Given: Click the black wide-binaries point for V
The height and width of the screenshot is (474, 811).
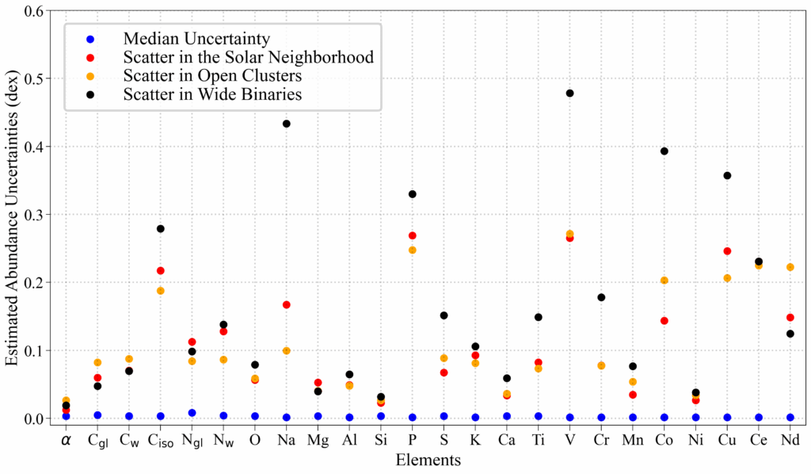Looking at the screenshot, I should [569, 94].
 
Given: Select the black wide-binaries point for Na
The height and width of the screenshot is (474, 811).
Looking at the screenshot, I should [286, 124].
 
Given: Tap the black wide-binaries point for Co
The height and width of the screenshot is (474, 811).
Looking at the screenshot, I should [664, 151].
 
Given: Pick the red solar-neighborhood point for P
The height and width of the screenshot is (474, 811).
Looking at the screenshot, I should [412, 235].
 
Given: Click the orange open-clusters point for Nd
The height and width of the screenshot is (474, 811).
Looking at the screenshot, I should [790, 267].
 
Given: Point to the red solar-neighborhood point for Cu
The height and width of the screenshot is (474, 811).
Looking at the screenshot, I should [727, 251].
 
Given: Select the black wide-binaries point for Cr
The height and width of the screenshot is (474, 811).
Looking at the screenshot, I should [601, 297].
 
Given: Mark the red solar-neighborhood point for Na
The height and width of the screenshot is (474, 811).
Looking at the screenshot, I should [286, 304].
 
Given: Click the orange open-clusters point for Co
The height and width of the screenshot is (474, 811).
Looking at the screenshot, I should [664, 281].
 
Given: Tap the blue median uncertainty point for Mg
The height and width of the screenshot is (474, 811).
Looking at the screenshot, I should [318, 416].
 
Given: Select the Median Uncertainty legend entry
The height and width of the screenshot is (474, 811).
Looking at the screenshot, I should [196, 38].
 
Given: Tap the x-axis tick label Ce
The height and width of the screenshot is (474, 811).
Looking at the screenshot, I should [759, 438].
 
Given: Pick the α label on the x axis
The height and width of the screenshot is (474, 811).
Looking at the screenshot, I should [66, 438].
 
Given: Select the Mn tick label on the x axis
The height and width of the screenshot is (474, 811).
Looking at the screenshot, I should [633, 438].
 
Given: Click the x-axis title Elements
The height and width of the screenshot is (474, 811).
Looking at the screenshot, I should [428, 459].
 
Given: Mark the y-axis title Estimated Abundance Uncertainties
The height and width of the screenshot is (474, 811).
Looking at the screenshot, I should [11, 214].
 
